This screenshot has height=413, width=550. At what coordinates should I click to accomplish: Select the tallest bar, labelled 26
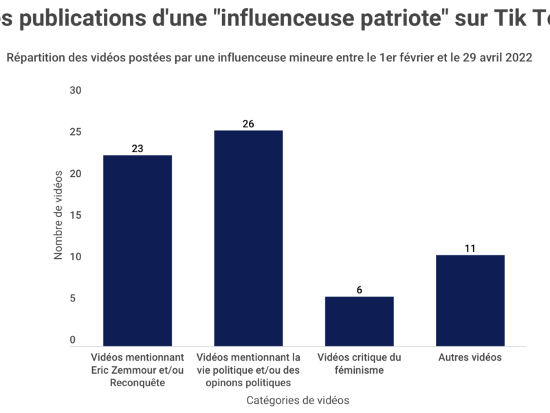click(248, 237)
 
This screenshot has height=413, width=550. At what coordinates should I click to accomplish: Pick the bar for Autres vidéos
click(470, 300)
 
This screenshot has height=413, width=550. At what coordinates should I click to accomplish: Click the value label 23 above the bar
click(137, 148)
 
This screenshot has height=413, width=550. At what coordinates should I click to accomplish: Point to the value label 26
click(248, 124)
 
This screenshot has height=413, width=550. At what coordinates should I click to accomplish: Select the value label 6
click(359, 290)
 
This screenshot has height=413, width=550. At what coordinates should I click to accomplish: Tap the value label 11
click(470, 248)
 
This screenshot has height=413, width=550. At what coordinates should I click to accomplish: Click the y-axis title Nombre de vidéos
click(58, 215)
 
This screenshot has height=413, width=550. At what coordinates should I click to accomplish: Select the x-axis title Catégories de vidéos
click(298, 400)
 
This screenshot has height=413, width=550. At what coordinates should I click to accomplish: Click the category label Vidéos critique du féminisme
click(359, 363)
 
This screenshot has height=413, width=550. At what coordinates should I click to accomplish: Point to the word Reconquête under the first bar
click(137, 383)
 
